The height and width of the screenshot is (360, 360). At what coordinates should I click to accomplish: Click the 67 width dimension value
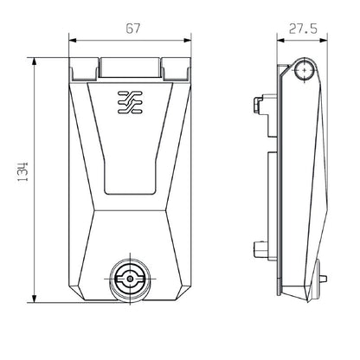click(x=129, y=29)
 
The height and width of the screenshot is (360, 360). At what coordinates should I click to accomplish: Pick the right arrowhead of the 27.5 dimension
click(x=324, y=40)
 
